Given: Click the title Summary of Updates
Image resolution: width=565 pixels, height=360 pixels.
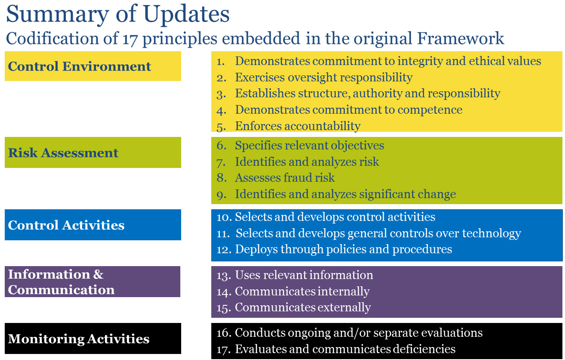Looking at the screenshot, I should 117,14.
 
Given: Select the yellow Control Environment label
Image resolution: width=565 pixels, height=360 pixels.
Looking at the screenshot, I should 80,66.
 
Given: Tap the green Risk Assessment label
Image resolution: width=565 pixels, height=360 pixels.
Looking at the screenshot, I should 63,153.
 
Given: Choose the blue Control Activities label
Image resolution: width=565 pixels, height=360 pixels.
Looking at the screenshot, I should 66,225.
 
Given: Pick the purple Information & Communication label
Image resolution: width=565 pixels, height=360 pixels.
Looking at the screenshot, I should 62,282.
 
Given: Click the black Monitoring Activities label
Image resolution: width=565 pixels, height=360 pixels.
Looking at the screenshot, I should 79,339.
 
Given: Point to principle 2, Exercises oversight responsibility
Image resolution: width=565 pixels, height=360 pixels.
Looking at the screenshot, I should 323,78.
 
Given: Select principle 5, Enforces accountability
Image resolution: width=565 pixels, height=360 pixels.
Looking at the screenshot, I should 297,126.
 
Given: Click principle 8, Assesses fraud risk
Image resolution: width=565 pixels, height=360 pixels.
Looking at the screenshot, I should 284,177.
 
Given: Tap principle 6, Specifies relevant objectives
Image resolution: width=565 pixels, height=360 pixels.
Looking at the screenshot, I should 309,146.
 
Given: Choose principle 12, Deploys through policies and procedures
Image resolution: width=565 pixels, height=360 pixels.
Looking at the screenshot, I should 343,249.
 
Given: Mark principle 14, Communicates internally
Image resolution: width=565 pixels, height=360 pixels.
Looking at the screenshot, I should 302,292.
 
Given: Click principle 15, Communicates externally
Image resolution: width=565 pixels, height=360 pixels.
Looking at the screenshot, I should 303,307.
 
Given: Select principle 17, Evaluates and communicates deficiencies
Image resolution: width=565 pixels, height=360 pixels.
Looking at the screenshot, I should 345,348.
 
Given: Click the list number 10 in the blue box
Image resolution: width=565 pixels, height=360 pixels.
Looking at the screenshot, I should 224,217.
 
